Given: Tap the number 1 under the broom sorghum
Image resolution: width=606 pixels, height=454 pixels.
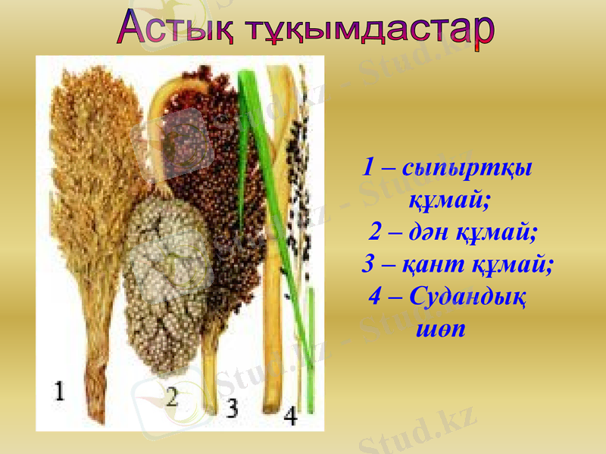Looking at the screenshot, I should point(60,390).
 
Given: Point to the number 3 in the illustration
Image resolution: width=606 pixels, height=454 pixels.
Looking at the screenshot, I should point(232,408).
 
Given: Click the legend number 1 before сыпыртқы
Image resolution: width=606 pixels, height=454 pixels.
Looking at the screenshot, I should point(369,167).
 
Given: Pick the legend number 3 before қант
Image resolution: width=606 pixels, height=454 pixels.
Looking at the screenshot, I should point(369,265).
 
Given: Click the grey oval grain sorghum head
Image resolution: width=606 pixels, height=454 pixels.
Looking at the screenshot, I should point(167,280).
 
